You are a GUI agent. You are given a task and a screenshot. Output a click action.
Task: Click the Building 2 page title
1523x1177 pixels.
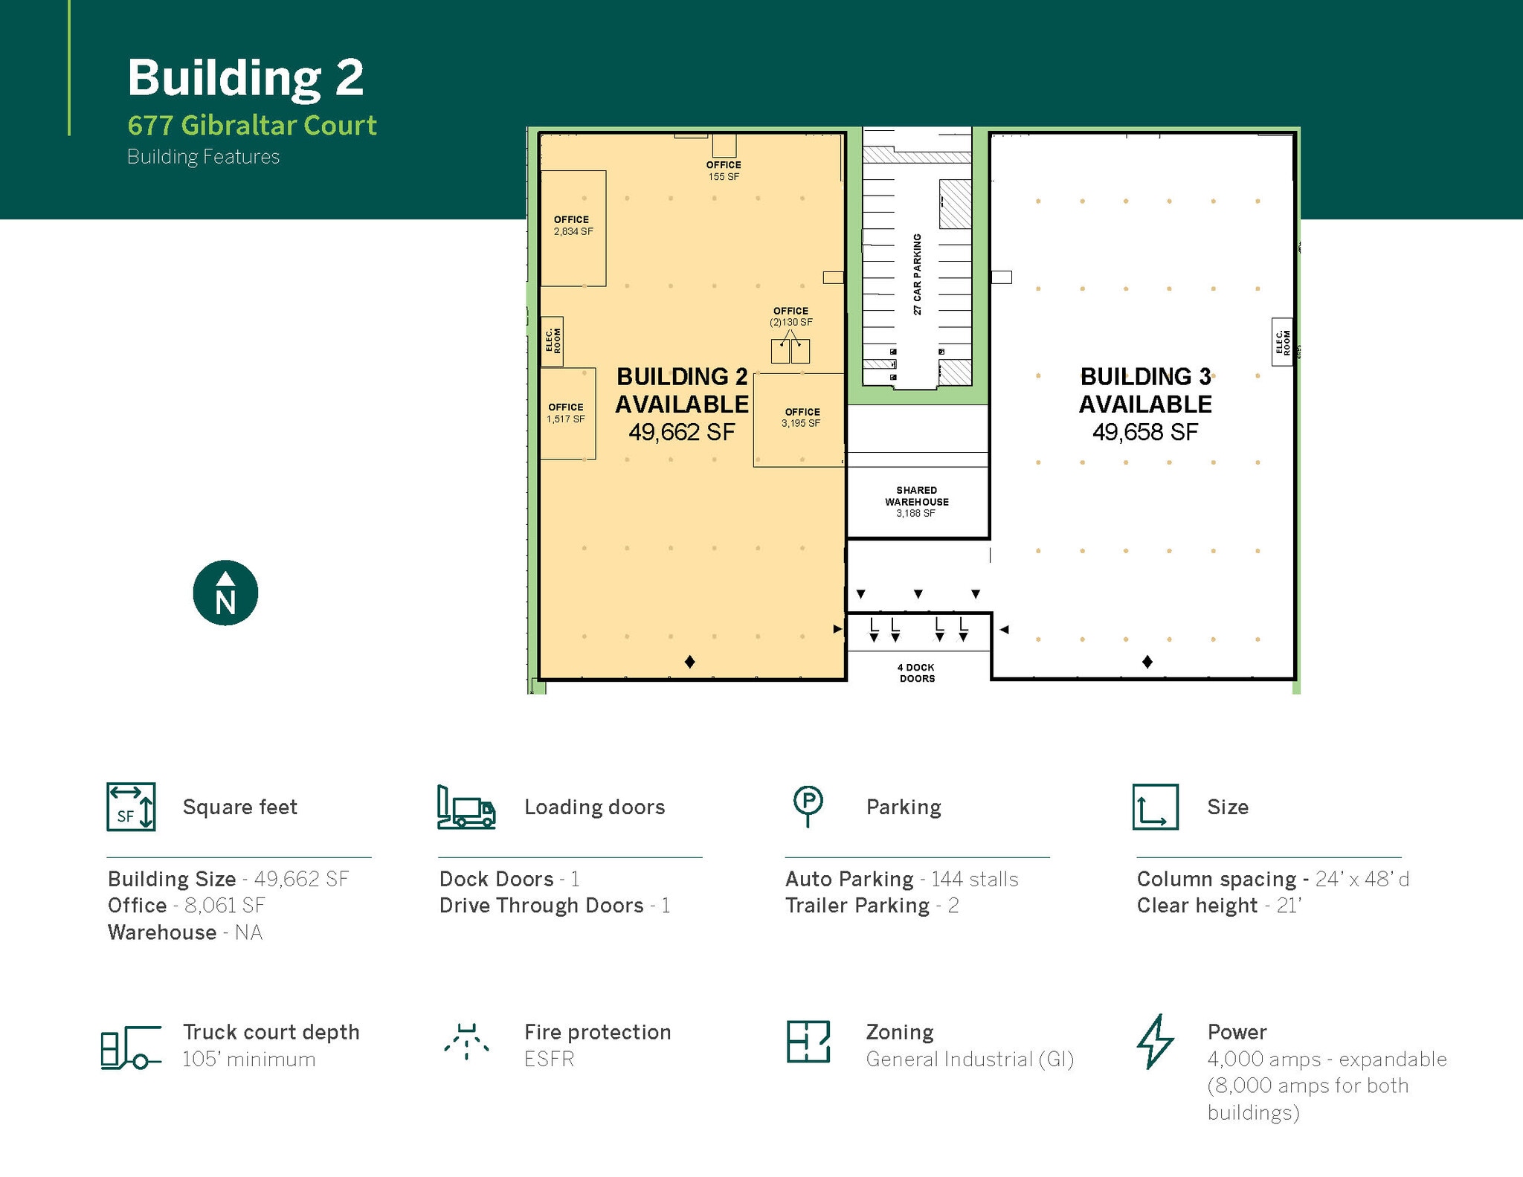[x=245, y=77]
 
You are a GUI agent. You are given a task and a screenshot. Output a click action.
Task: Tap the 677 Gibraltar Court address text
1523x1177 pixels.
[x=252, y=126]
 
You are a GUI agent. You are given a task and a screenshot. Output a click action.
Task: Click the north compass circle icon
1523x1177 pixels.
[x=225, y=593]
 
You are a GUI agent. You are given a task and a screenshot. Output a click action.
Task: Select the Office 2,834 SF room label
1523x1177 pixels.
[x=573, y=225]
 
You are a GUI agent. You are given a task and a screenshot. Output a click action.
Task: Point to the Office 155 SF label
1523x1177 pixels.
[x=724, y=171]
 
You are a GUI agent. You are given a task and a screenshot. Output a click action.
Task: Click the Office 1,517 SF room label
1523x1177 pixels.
[x=566, y=413]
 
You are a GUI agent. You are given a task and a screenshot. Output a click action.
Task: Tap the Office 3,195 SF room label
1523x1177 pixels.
[x=801, y=417]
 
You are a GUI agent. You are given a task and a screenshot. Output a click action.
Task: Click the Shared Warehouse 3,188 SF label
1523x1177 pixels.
[x=916, y=502]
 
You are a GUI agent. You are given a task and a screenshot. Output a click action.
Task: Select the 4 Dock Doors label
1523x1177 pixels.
[x=917, y=673]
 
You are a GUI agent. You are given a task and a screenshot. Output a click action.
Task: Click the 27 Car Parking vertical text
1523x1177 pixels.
[x=918, y=274]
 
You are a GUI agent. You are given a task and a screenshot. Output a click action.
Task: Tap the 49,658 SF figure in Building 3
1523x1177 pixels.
[x=1145, y=432]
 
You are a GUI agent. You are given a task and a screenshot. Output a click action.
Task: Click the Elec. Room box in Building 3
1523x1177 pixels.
[x=1281, y=341]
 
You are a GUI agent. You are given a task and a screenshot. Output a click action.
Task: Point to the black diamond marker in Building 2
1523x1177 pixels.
[x=689, y=662]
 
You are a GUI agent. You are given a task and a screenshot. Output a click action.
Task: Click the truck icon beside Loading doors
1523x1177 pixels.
[x=466, y=807]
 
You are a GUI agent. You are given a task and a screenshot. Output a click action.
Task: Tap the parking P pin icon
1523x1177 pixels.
[x=808, y=805]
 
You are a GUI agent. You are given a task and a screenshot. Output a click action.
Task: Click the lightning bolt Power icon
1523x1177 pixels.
[x=1155, y=1041]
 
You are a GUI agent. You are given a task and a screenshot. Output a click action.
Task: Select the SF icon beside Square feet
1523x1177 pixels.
[x=131, y=807]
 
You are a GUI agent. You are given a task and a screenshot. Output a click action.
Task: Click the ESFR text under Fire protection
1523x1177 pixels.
[x=549, y=1059]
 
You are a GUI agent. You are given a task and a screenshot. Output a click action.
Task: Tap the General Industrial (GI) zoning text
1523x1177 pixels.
[x=970, y=1059]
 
